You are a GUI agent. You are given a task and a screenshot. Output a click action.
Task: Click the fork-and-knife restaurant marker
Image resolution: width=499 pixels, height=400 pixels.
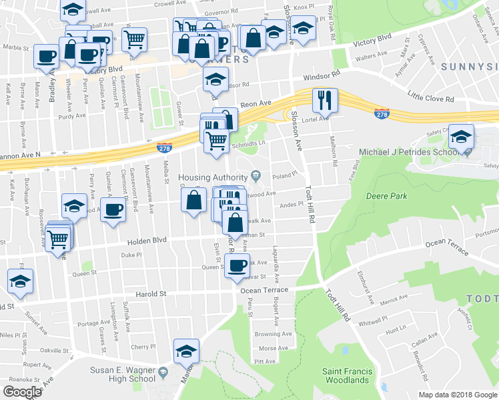coord(324,101)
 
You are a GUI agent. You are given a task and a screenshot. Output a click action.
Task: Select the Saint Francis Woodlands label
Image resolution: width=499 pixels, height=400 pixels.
coord(345,375)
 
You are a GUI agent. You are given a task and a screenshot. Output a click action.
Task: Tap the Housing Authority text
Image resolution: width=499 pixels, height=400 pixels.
coord(212,176)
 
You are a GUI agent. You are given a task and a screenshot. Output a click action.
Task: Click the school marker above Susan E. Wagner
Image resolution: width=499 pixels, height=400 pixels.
coord(186,351)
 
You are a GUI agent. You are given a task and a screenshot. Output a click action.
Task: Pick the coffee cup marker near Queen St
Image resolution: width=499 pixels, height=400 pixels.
coord(237,266)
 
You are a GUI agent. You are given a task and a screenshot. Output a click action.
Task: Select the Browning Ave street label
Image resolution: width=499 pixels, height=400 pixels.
coord(273,334)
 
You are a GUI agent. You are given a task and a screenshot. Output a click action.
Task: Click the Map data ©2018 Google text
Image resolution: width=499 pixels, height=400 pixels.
coord(457,395)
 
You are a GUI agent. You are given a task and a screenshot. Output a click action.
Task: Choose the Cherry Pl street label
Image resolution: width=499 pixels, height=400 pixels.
coord(143,347)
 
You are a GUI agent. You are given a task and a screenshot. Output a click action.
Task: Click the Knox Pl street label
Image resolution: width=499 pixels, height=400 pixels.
coord(304,7)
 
